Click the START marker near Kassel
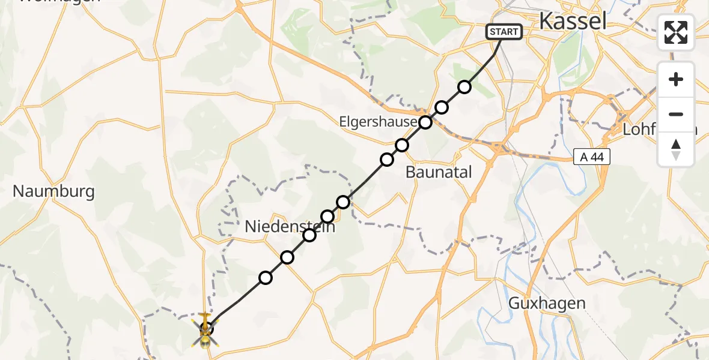point(504,32)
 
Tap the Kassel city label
point(572,22)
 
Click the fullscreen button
point(676,32)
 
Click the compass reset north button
point(676,149)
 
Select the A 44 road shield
point(591,157)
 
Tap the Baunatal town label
point(439,172)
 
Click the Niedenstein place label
point(290,227)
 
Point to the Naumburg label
point(53,191)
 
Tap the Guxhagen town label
point(547,303)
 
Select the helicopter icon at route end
point(205,329)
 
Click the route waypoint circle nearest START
point(464,87)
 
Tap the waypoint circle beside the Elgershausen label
point(425,122)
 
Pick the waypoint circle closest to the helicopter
point(266,277)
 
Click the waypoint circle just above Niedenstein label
point(327,216)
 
